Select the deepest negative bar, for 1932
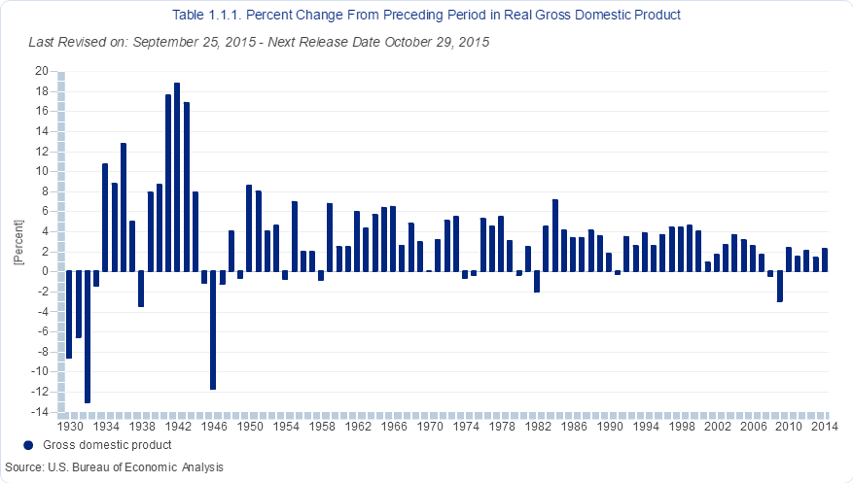click(88, 336)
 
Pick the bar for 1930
click(69, 315)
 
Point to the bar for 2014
click(825, 259)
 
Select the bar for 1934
click(105, 218)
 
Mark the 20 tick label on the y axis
click(42, 71)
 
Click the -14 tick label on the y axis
click(39, 412)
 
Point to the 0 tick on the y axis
click(45, 271)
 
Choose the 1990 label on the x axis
click(609, 427)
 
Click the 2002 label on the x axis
click(718, 427)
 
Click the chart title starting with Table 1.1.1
click(426, 16)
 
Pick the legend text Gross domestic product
click(108, 445)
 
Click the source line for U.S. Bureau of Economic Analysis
click(114, 467)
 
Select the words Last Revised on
click(74, 43)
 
